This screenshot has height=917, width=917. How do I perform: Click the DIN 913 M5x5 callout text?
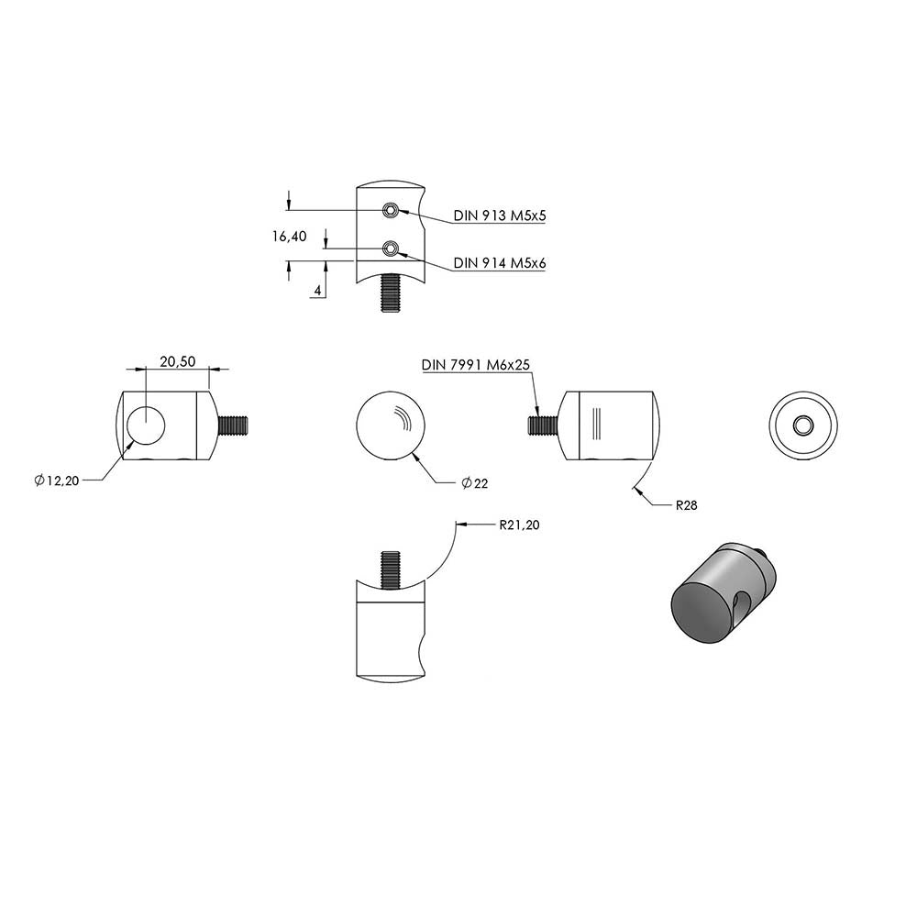pyautogui.click(x=500, y=215)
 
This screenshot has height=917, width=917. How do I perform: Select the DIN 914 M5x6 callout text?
pyautogui.click(x=500, y=263)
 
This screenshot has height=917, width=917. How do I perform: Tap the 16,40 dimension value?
pyautogui.click(x=290, y=237)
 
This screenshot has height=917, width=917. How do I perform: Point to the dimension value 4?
pyautogui.click(x=317, y=290)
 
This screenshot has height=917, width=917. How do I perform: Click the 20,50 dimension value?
pyautogui.click(x=178, y=361)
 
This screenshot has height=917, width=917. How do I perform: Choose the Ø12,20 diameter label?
pyautogui.click(x=57, y=481)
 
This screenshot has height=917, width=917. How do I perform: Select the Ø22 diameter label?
pyautogui.click(x=474, y=483)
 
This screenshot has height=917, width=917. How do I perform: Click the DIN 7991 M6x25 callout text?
pyautogui.click(x=475, y=365)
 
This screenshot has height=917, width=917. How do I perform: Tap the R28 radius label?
pyautogui.click(x=687, y=505)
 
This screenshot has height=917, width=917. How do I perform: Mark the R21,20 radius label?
pyautogui.click(x=519, y=525)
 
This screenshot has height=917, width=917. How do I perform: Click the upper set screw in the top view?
pyautogui.click(x=390, y=210)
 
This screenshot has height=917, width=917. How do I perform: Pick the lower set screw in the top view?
pyautogui.click(x=390, y=249)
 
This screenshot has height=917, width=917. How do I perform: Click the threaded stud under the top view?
pyautogui.click(x=390, y=293)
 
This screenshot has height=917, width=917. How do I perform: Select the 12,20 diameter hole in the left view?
pyautogui.click(x=146, y=424)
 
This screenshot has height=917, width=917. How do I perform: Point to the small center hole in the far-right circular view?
pyautogui.click(x=803, y=425)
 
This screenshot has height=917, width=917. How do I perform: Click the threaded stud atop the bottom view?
pyautogui.click(x=390, y=570)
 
